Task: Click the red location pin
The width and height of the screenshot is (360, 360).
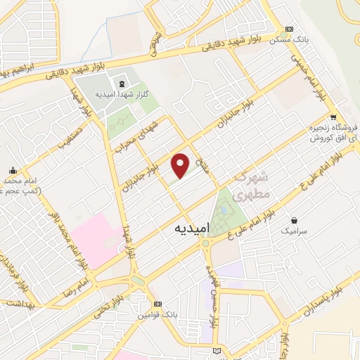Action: coord(181,165)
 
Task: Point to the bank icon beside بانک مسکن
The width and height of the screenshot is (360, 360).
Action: coord(287,30)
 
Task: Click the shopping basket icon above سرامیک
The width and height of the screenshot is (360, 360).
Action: coord(292,219)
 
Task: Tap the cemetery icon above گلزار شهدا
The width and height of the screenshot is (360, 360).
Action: coord(122,84)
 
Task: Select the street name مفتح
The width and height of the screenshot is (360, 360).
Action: coord(203,165)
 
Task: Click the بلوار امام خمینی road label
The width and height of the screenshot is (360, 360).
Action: coord(317,88)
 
